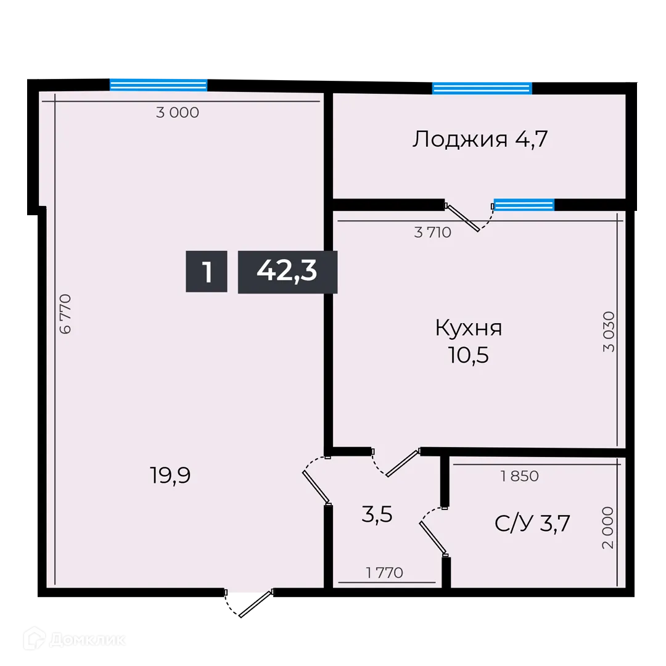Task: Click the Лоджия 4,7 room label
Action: (480, 139)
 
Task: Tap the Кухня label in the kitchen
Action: (469, 327)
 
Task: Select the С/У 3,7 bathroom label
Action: (532, 524)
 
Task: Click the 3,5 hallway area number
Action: (377, 514)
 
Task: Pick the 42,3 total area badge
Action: (287, 271)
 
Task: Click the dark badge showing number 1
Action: (207, 271)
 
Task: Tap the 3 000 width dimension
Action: (178, 113)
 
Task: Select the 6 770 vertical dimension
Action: (65, 314)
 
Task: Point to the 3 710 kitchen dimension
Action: (433, 232)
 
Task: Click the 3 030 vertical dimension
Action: (609, 331)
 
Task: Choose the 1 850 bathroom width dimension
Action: (520, 476)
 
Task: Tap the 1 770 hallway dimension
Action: (384, 573)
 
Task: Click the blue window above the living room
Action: (158, 84)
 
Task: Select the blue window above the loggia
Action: (482, 88)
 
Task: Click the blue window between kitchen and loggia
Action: (524, 205)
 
